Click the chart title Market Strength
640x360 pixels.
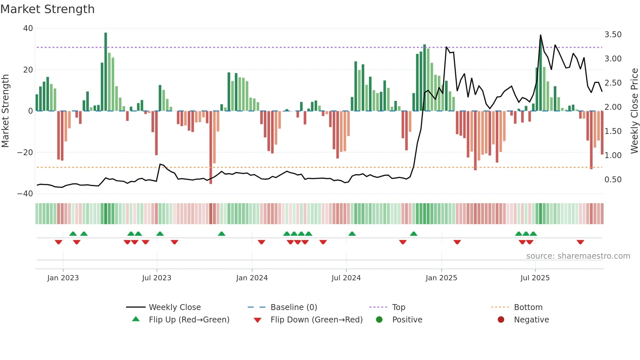coord(47,9)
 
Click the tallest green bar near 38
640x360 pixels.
coord(106,72)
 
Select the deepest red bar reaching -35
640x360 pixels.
coord(211,147)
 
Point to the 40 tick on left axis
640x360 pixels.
coord(28,28)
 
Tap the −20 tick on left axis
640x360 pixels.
coord(25,152)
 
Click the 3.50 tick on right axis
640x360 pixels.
coord(613,35)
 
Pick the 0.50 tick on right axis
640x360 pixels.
coord(613,179)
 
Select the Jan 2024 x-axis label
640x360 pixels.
coord(252,278)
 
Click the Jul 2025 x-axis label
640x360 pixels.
coord(535,278)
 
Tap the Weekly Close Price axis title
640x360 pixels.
coord(634,111)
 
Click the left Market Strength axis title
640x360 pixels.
coord(5,111)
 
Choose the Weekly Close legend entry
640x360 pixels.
coord(175,307)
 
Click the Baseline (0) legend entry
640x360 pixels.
coord(294,307)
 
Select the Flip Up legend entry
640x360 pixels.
coord(189,320)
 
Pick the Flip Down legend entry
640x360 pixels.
coord(316,320)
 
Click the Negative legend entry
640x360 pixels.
coord(531,320)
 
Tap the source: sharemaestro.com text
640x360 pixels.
coord(578,256)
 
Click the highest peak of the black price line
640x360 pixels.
coord(540,35)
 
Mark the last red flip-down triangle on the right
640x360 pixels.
coord(580,242)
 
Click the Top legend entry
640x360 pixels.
coord(398,307)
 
